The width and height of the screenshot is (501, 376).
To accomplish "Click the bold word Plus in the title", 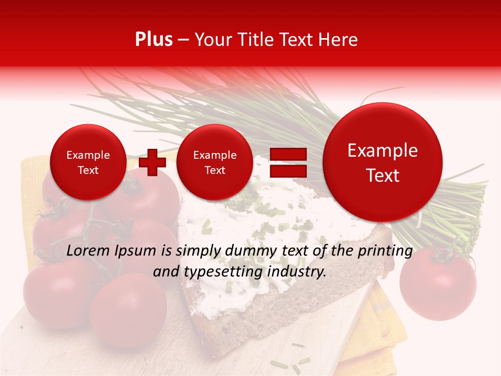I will coord(153,40).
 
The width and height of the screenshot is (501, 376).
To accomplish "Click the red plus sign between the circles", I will coord(152,162).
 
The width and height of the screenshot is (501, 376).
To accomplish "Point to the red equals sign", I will coord(288,162).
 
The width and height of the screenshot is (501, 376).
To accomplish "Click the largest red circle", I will coord(383,162).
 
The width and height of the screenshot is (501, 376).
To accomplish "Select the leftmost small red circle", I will coord(88,162).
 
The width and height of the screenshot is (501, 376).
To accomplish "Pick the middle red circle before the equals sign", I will coord(214,162).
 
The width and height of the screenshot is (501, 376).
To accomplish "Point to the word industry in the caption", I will coord(295,272).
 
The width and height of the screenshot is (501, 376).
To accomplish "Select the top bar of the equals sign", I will coord(288,154).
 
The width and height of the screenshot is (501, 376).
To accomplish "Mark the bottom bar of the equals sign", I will coord(288,171).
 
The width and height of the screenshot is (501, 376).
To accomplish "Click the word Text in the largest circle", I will coord(383,175).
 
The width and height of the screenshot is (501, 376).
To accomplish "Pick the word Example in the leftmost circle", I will coord(88,155).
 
